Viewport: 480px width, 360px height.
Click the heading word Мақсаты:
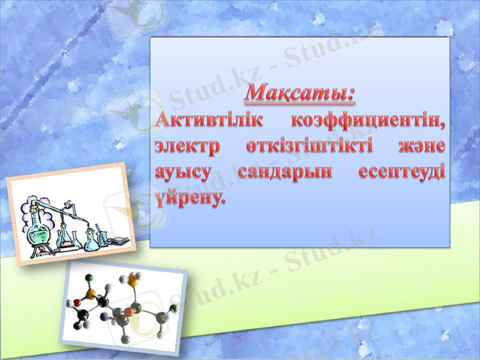click(x=299, y=94)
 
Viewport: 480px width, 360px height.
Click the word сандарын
click(x=284, y=172)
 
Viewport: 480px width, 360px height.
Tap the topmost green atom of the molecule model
click(x=89, y=278)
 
